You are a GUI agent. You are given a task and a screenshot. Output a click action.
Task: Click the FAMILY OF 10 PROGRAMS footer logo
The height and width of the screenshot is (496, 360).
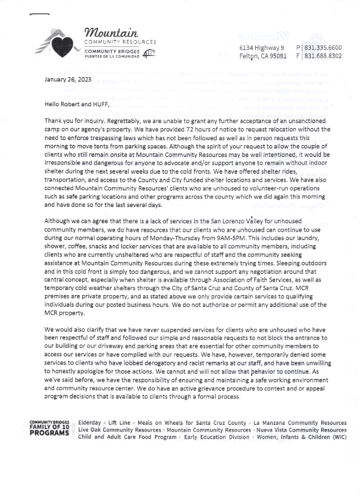click(x=49, y=429)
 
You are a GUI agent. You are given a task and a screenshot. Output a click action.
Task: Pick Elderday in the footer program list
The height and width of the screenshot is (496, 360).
click(x=90, y=423)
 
